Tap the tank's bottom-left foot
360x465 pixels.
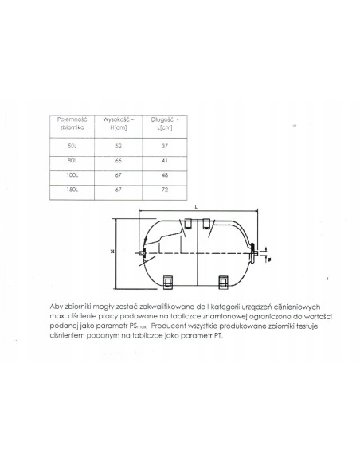168,280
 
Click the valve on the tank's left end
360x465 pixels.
140,254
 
